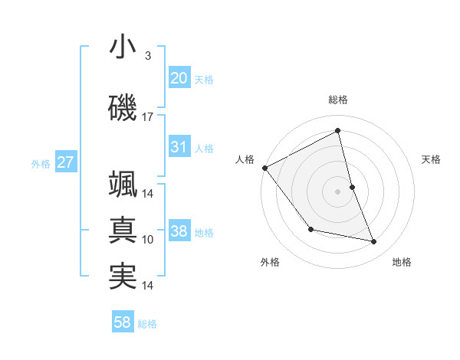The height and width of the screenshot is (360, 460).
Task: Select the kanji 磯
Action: (123, 108)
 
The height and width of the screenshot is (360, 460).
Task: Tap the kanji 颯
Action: (123, 184)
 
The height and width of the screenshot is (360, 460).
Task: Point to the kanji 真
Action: (123, 230)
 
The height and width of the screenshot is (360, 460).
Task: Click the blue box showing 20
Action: (179, 78)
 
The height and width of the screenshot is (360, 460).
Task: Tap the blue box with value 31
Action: (179, 147)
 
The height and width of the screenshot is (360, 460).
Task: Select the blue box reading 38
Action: (179, 231)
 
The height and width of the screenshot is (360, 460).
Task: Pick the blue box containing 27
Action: (65, 162)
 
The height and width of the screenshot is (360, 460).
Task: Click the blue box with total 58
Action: (123, 322)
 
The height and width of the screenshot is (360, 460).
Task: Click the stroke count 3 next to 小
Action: (147, 56)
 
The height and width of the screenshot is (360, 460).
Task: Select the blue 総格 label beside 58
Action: (147, 324)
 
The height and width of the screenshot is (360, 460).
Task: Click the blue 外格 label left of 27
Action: (41, 163)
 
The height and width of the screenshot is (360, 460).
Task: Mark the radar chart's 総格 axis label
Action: (337, 100)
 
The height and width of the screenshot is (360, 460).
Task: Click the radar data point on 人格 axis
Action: (264, 168)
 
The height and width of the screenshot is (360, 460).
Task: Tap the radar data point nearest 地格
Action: (374, 242)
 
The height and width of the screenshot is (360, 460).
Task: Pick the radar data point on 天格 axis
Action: (352, 187)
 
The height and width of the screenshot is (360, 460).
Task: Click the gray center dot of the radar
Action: (337, 191)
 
